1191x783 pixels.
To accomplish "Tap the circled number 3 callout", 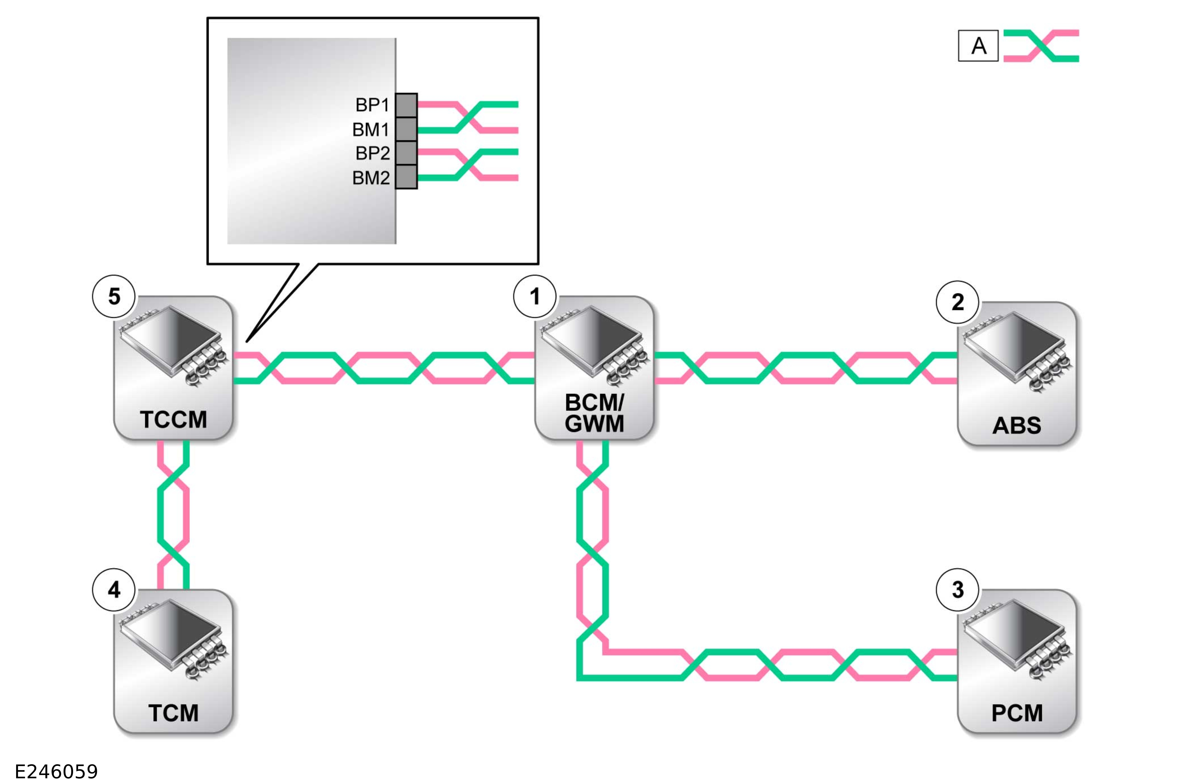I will pos(957,590).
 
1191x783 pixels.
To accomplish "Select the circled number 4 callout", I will pos(114,590).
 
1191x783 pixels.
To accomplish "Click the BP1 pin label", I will pos(372,105).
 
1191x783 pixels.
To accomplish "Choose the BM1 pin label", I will pos(370,130).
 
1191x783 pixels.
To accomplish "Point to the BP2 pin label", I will pos(372,153).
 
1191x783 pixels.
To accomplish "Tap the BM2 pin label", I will pos(370,178).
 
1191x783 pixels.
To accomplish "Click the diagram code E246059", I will pos(57,771).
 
